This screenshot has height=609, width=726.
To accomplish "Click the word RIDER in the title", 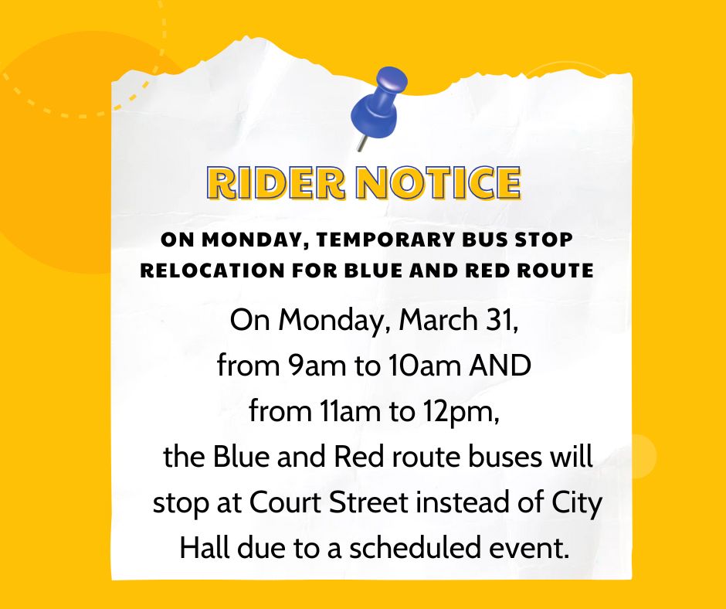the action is [x=276, y=182].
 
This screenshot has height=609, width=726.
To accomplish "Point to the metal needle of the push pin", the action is [x=361, y=143].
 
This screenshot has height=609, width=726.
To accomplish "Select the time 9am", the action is [x=316, y=366].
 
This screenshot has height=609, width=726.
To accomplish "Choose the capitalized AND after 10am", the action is [x=500, y=366].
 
